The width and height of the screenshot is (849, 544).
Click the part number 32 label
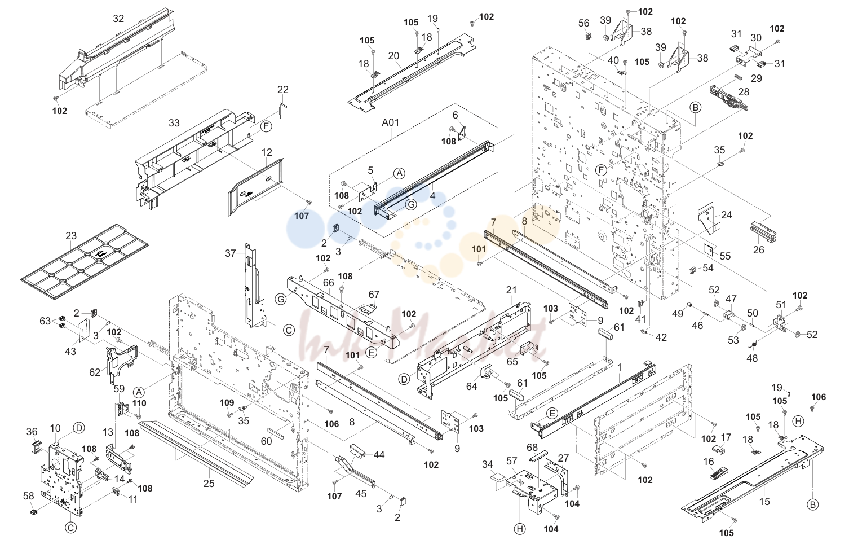(118, 19)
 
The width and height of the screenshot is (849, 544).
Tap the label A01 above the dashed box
(390, 122)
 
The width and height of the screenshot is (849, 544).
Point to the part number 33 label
(174, 123)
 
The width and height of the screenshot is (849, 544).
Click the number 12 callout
(267, 152)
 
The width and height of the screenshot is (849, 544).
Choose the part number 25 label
(209, 483)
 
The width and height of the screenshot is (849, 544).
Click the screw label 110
(139, 403)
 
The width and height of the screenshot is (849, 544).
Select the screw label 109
(227, 402)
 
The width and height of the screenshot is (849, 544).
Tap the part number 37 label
(231, 253)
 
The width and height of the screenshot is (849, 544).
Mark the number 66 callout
(329, 283)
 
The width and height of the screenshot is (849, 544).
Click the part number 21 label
(511, 290)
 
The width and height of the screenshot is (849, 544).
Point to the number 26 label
(758, 249)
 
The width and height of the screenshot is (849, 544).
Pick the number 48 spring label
(752, 358)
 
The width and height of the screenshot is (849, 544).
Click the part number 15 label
(764, 502)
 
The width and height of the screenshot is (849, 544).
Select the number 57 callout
(512, 461)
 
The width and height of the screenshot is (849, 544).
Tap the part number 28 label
(744, 92)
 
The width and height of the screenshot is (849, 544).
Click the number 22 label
(283, 90)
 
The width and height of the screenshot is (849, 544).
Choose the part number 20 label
(394, 56)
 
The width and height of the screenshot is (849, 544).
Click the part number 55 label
(725, 256)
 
